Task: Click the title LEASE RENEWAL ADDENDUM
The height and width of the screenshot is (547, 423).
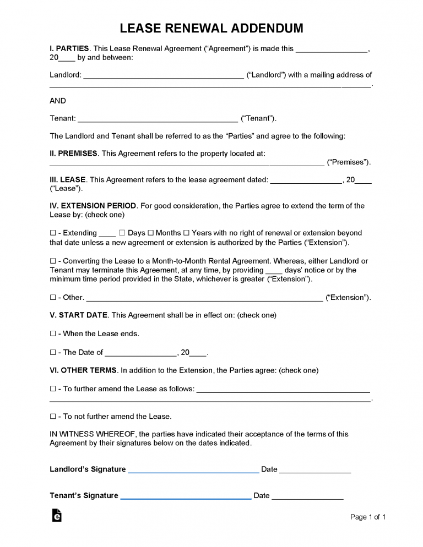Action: pyautogui.click(x=211, y=28)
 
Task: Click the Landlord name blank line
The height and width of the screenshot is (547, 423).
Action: pyautogui.click(x=163, y=76)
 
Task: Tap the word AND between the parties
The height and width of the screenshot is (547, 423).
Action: pyautogui.click(x=58, y=101)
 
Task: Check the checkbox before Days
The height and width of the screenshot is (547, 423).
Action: pyautogui.click(x=122, y=233)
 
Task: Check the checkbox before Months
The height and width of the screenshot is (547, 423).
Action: pyautogui.click(x=150, y=233)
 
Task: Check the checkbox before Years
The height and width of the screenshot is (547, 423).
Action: pyautogui.click(x=186, y=233)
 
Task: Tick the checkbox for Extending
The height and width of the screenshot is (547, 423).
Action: pyautogui.click(x=53, y=233)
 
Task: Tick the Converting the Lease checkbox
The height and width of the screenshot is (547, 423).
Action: pyautogui.click(x=53, y=261)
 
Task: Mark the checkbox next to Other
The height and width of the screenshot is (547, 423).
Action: pyautogui.click(x=53, y=297)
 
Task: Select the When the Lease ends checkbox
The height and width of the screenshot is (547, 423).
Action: pyautogui.click(x=53, y=333)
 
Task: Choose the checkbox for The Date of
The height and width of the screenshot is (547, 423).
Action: pyautogui.click(x=53, y=352)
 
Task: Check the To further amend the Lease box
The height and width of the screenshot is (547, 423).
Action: pyautogui.click(x=53, y=389)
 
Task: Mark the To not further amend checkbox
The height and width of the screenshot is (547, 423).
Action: pyautogui.click(x=53, y=416)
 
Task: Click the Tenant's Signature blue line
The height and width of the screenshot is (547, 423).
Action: pyautogui.click(x=186, y=496)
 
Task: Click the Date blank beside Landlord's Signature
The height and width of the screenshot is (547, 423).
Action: pyautogui.click(x=315, y=471)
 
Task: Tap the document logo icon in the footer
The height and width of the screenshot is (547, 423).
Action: pyautogui.click(x=56, y=515)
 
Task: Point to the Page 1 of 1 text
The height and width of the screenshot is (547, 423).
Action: pyautogui.click(x=368, y=517)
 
